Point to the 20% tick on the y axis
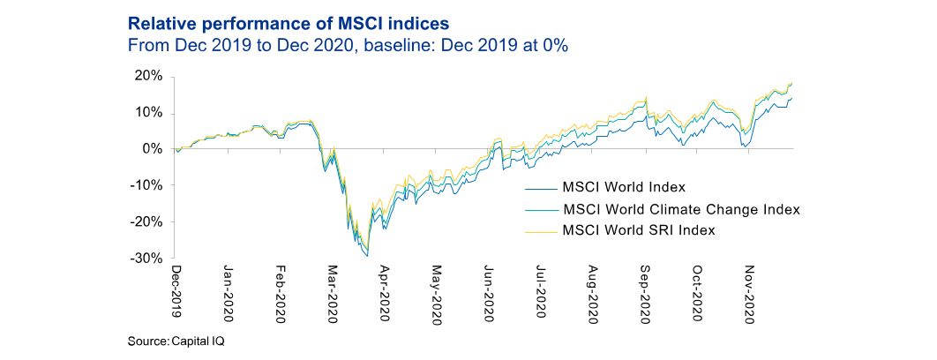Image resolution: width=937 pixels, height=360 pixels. pos(149,76)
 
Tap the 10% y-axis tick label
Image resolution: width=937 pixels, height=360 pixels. pos(149,112)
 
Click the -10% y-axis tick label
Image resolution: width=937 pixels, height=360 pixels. pos(146,185)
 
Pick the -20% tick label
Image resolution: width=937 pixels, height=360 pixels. pos(146,221)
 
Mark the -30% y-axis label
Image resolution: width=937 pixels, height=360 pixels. pos(146,259)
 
